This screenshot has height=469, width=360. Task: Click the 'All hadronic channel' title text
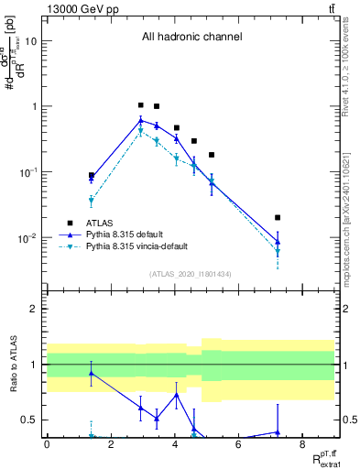pos(191,38)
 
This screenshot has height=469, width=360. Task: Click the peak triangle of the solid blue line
pos(140,120)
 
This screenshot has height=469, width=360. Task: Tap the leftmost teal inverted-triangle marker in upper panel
pos(92,201)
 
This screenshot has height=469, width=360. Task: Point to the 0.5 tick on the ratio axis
pos(32,420)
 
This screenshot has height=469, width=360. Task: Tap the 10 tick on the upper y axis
pos(32,41)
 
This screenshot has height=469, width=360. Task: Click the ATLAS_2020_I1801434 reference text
pos(191,274)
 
